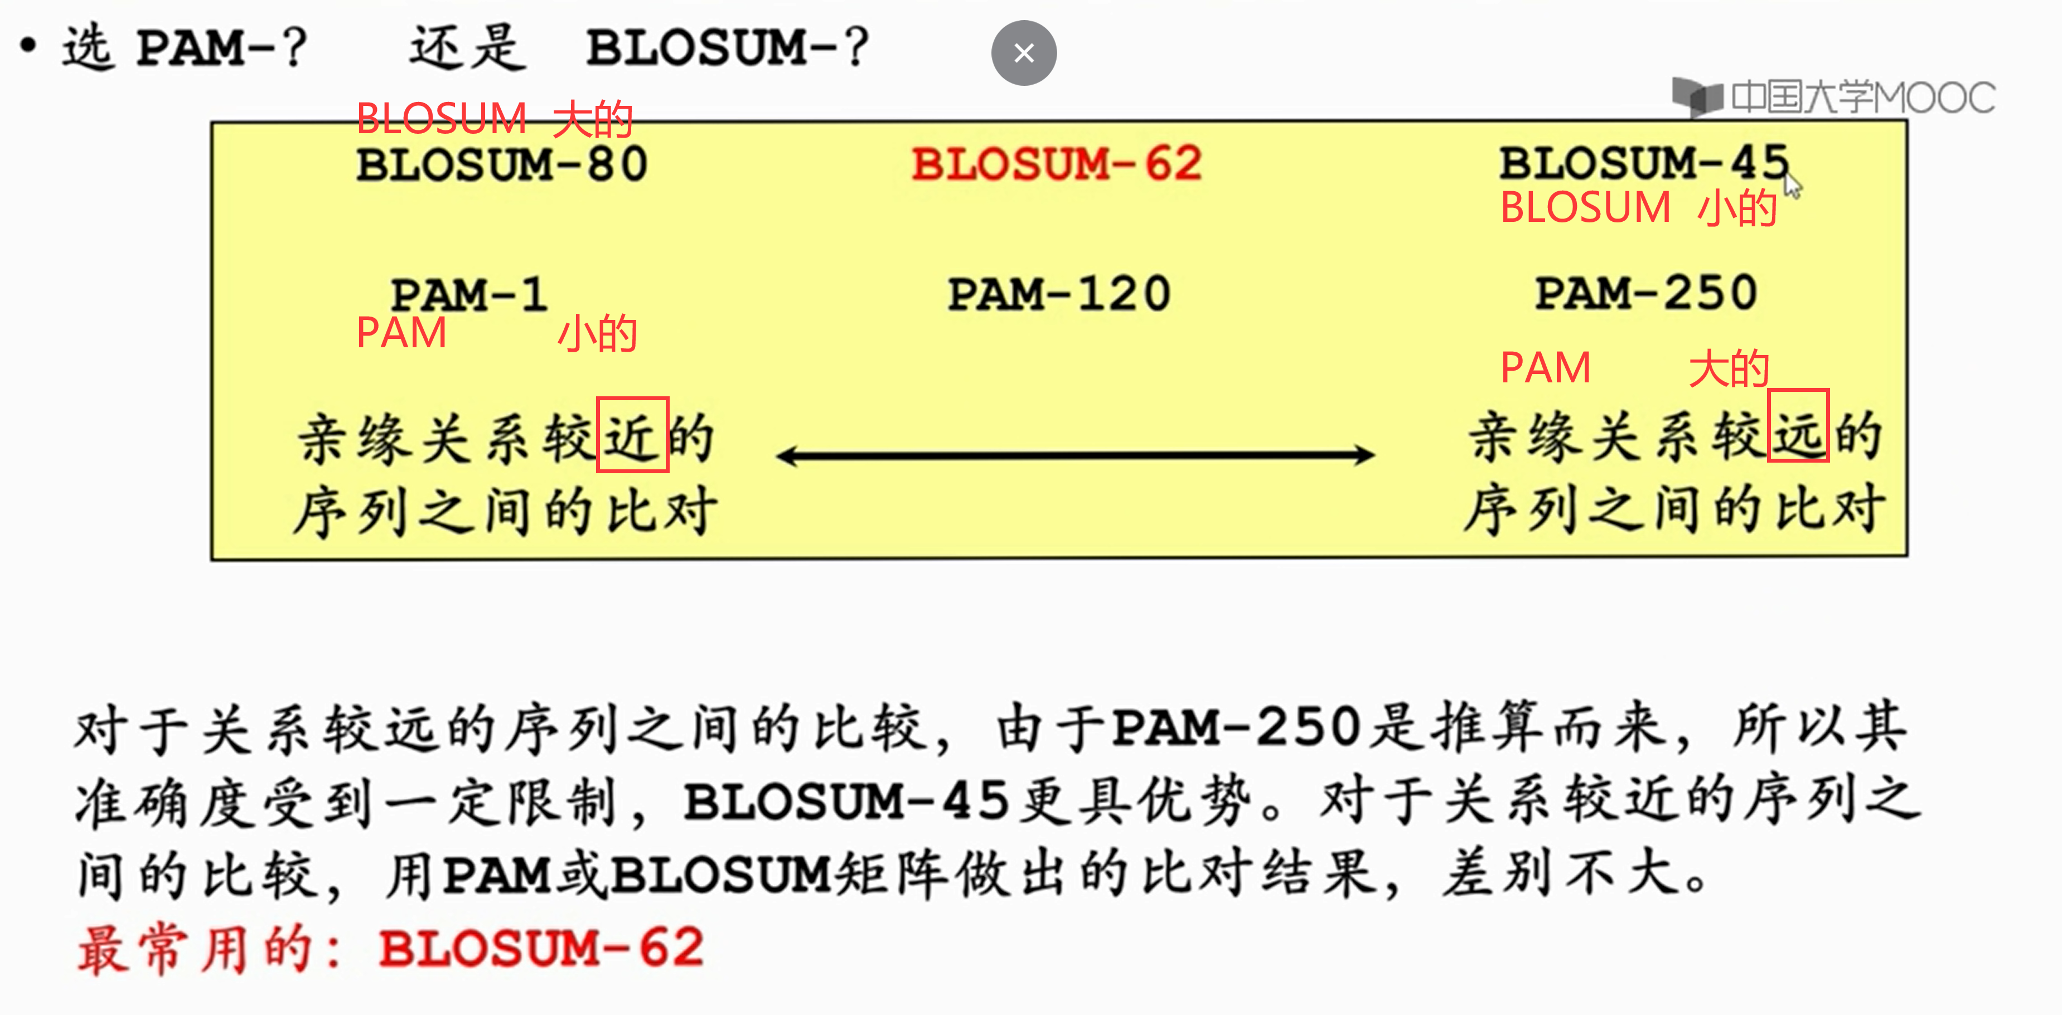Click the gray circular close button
1024,53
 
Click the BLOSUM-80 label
502,165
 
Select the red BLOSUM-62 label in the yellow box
1057,164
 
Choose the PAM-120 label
1059,294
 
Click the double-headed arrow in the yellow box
1075,455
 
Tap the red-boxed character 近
632,435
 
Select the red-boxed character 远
1798,426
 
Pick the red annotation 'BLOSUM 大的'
494,119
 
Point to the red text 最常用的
196,949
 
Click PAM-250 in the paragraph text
1237,727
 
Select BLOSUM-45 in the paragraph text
846,800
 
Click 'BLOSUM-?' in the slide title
727,47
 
